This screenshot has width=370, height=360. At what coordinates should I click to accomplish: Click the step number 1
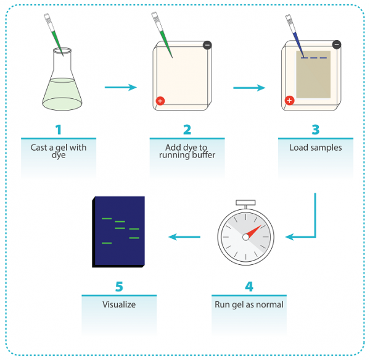point(59,130)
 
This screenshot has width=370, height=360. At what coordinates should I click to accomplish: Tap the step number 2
point(187,130)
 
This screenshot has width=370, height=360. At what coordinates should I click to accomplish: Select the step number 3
point(315,130)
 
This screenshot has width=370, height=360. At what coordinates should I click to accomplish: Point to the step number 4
point(249,287)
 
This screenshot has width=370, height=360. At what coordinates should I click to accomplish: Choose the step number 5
point(119,287)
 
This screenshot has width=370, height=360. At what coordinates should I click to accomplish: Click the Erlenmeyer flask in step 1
point(62,86)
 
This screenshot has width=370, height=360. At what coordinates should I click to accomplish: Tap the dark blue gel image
point(118,232)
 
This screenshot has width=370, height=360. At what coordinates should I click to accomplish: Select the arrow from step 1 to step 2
point(120,87)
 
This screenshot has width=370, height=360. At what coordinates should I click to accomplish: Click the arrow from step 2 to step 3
point(249,87)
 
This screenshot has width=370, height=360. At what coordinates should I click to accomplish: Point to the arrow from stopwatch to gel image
point(184,236)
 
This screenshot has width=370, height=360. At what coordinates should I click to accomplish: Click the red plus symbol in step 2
point(160,100)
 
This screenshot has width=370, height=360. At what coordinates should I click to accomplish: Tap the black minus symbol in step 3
point(336,44)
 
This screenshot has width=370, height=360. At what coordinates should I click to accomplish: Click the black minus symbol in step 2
point(207,46)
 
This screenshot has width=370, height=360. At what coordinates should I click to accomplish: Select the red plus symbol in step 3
point(289,100)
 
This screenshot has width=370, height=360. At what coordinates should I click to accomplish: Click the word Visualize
point(119,304)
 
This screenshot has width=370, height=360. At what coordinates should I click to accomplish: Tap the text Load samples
point(315,148)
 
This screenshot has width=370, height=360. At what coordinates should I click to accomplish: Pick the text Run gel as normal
point(249,304)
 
